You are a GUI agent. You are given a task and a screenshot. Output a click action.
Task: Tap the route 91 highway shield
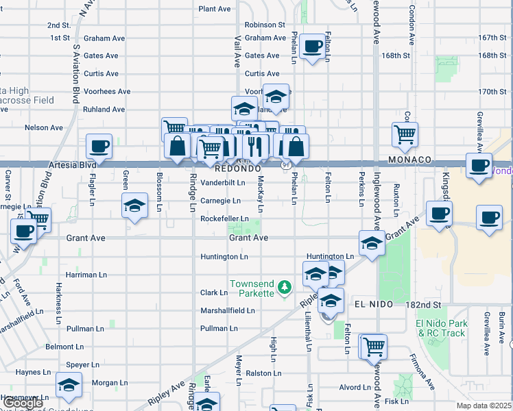[x=285, y=164]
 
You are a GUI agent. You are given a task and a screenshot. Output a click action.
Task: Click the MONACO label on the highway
[x=408, y=160]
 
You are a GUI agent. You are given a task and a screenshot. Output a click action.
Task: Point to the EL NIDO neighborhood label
[x=374, y=304]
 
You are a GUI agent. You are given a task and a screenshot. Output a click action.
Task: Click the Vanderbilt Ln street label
[x=222, y=183]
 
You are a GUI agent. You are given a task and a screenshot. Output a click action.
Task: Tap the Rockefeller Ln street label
[x=224, y=219]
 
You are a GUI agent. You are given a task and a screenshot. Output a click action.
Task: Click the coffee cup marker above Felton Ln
[x=313, y=47]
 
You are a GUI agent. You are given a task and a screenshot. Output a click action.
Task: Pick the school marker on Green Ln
[x=134, y=205]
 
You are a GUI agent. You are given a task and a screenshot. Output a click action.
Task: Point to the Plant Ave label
[x=215, y=9]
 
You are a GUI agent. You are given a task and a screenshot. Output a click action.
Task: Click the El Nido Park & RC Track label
[x=441, y=328]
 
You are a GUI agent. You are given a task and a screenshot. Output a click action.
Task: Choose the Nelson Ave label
[x=43, y=127]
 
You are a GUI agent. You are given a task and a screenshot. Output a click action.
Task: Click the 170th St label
[x=492, y=91]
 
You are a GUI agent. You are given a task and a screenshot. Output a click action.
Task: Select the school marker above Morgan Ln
[x=69, y=385]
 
